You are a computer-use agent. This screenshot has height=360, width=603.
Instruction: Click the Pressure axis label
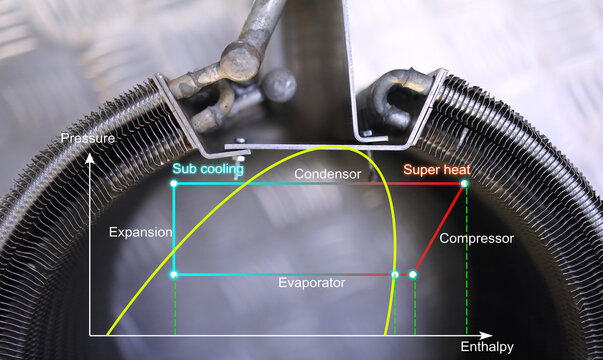(86, 137)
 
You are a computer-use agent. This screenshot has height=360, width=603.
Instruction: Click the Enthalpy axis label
(487, 347)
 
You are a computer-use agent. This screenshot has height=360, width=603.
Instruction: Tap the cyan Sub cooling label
(208, 169)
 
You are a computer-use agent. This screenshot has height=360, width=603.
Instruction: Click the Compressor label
(477, 239)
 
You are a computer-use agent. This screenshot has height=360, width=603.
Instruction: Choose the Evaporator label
(312, 283)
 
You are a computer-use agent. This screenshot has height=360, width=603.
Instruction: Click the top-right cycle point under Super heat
(465, 183)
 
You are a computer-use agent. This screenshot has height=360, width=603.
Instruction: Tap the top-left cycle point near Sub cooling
(175, 183)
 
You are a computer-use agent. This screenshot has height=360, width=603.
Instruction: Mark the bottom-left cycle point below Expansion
(175, 274)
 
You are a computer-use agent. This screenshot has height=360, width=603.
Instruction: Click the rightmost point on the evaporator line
(413, 274)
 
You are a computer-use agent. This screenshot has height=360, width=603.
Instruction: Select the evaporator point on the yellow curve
(395, 274)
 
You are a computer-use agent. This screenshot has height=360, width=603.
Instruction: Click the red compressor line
(440, 227)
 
